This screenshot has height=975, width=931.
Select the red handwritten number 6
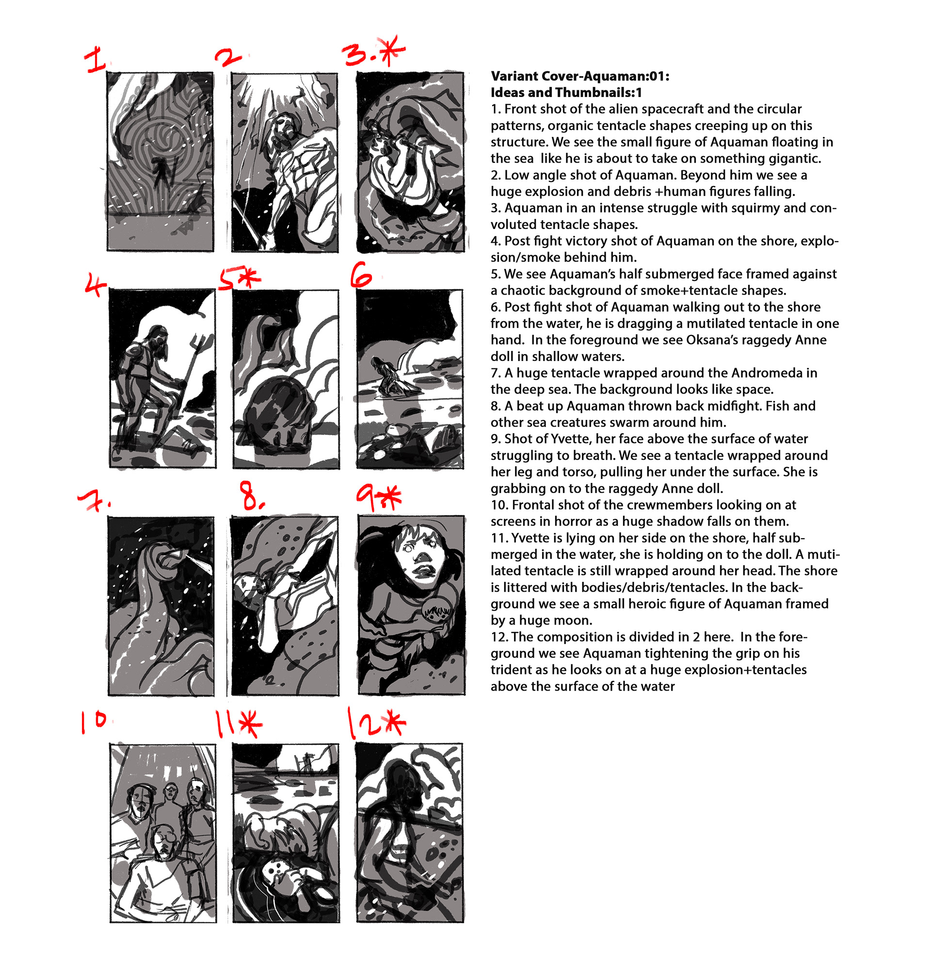pos(362,275)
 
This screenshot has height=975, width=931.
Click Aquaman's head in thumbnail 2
pos(284,127)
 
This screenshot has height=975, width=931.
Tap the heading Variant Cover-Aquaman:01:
pos(580,76)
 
